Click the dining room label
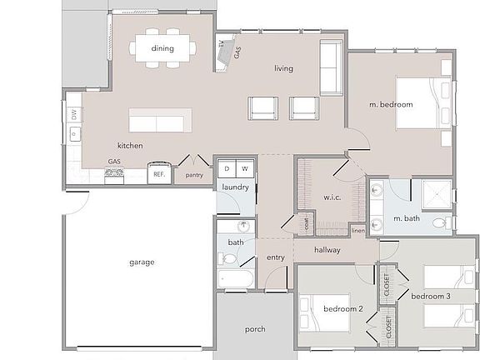(162, 48)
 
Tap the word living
(283, 68)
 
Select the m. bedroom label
(391, 104)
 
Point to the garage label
(142, 262)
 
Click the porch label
(255, 329)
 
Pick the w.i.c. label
(322, 197)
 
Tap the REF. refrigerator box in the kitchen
(158, 175)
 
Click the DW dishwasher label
(73, 114)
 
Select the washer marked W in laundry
(245, 169)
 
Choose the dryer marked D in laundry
(226, 169)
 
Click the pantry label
(194, 175)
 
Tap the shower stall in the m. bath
(436, 195)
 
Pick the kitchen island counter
(159, 121)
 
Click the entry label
(276, 257)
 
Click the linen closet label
(357, 230)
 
